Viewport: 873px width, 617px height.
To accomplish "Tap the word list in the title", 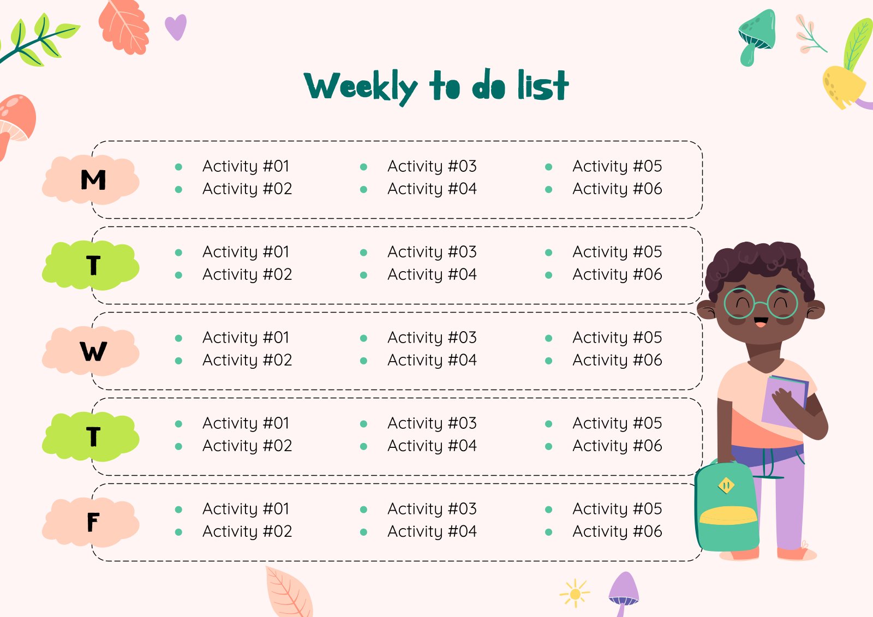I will (x=543, y=86).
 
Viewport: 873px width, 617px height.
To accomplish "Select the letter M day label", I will (x=93, y=180).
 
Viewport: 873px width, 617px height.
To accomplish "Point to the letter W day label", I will (x=93, y=351).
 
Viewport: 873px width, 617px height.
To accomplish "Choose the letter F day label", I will (x=93, y=523).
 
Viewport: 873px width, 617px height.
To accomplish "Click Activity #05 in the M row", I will (x=617, y=166).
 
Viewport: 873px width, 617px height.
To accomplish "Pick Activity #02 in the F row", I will (x=247, y=531).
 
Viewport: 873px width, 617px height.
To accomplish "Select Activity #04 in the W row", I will (x=432, y=360).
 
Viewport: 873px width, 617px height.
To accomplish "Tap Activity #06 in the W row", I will (x=617, y=360).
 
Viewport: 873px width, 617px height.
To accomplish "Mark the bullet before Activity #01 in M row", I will (x=178, y=167).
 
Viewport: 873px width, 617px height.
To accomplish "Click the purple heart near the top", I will (x=176, y=27).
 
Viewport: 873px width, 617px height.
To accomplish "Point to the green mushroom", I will (x=756, y=35).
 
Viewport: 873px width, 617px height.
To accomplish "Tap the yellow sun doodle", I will (x=575, y=594).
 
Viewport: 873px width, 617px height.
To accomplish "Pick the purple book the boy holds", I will (x=785, y=401).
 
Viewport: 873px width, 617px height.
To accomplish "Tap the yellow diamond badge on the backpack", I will (x=726, y=485).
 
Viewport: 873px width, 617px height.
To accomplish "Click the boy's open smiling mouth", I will (x=760, y=322).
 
